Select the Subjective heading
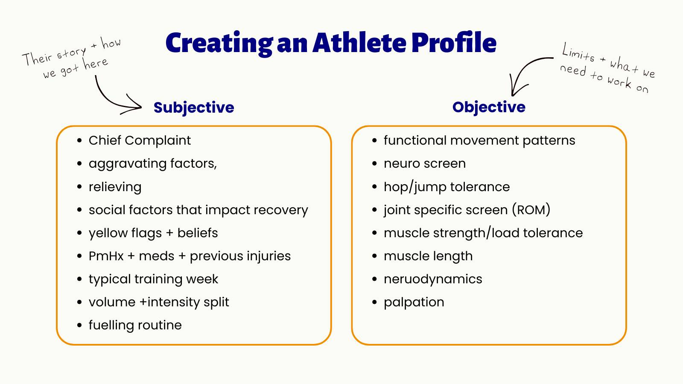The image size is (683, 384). [194, 108]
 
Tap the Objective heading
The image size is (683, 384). [489, 107]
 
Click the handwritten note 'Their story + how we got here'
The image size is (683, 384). [72, 58]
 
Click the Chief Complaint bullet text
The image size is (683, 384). [140, 140]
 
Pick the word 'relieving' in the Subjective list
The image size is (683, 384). [115, 187]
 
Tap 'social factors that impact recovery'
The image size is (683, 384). [198, 210]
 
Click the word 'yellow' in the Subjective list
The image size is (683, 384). [103, 233]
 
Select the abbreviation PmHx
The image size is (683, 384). [106, 256]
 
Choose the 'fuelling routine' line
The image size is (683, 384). [135, 325]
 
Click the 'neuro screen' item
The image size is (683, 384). [425, 164]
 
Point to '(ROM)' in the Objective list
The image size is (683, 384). [531, 210]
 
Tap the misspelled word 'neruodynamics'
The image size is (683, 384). [433, 279]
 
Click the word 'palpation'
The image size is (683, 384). [414, 303]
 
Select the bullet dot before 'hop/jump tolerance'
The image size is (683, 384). [374, 187]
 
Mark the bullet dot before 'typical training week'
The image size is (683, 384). [79, 279]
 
